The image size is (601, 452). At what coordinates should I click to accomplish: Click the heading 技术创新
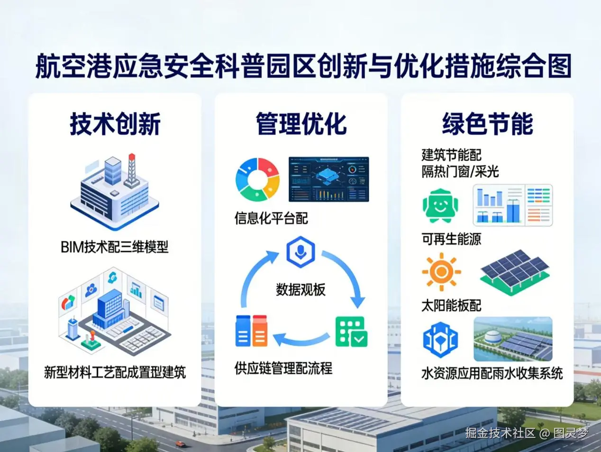(115, 124)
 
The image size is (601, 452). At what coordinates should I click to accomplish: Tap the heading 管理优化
(301, 124)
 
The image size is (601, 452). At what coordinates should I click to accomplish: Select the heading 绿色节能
(487, 124)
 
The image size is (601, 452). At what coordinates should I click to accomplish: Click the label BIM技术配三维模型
(114, 247)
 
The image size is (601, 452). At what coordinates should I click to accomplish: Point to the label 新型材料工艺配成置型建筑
(115, 372)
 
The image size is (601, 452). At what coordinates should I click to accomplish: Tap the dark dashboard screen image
(328, 179)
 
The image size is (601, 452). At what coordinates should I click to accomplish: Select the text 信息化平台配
(271, 218)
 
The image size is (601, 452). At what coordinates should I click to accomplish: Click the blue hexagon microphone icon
(300, 252)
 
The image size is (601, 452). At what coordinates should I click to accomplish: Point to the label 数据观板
(300, 289)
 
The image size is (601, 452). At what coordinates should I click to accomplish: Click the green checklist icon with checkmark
(351, 332)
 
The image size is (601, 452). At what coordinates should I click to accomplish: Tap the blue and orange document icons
(252, 331)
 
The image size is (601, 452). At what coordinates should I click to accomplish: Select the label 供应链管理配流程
(283, 368)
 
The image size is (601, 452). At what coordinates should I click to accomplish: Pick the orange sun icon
(441, 272)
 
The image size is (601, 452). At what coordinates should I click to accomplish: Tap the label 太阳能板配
(451, 305)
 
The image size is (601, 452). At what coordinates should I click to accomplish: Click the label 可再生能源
(451, 239)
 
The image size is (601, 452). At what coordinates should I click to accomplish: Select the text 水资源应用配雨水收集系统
(492, 373)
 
